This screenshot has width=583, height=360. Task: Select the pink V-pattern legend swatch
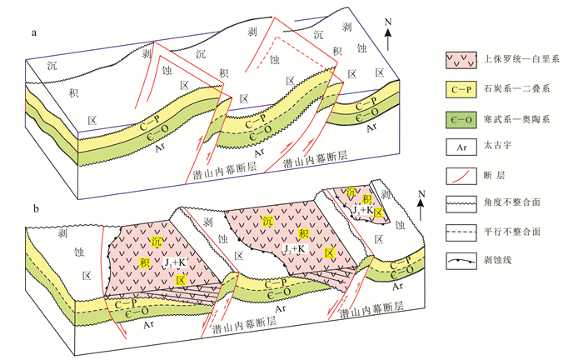click(460, 60)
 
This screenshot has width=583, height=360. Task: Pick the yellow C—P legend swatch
click(460, 88)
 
